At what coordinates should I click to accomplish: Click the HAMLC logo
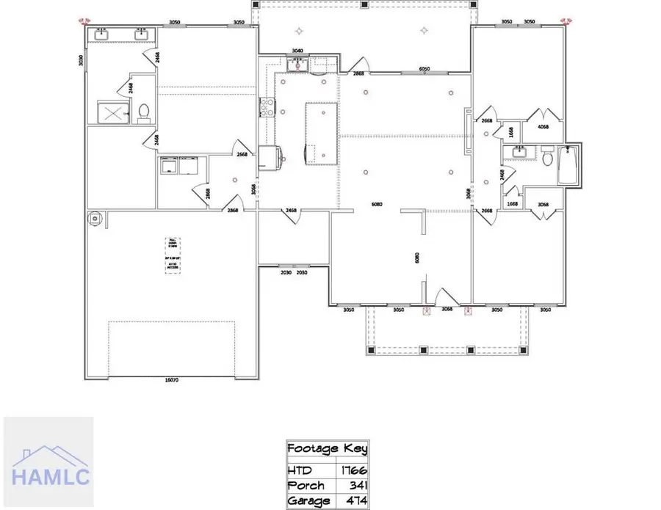(48, 461)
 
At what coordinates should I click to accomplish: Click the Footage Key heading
(327, 448)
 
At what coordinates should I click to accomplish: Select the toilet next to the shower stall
(144, 112)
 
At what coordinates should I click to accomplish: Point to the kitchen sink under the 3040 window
(297, 65)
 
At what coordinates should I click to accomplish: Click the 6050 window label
(424, 69)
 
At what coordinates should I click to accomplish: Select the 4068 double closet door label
(543, 126)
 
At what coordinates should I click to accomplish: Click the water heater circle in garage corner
(94, 218)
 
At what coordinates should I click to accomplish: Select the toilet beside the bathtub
(547, 156)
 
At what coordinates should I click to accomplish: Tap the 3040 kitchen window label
(297, 51)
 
